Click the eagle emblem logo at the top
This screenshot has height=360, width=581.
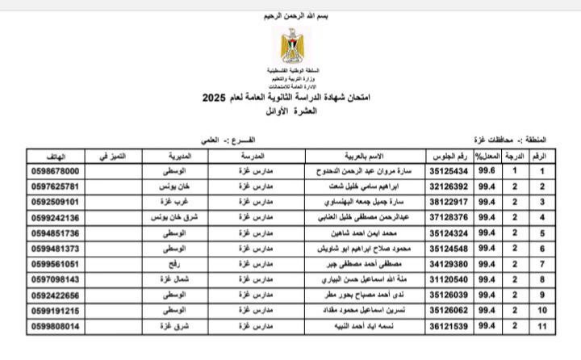[290, 47]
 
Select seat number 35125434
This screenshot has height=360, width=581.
[448, 171]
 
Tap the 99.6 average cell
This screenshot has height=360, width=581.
[486, 171]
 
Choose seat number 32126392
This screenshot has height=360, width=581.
[448, 186]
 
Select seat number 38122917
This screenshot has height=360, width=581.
[448, 202]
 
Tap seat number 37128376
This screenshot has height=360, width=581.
[448, 217]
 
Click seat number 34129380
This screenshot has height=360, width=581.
[448, 264]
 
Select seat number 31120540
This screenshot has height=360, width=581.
[448, 279]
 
